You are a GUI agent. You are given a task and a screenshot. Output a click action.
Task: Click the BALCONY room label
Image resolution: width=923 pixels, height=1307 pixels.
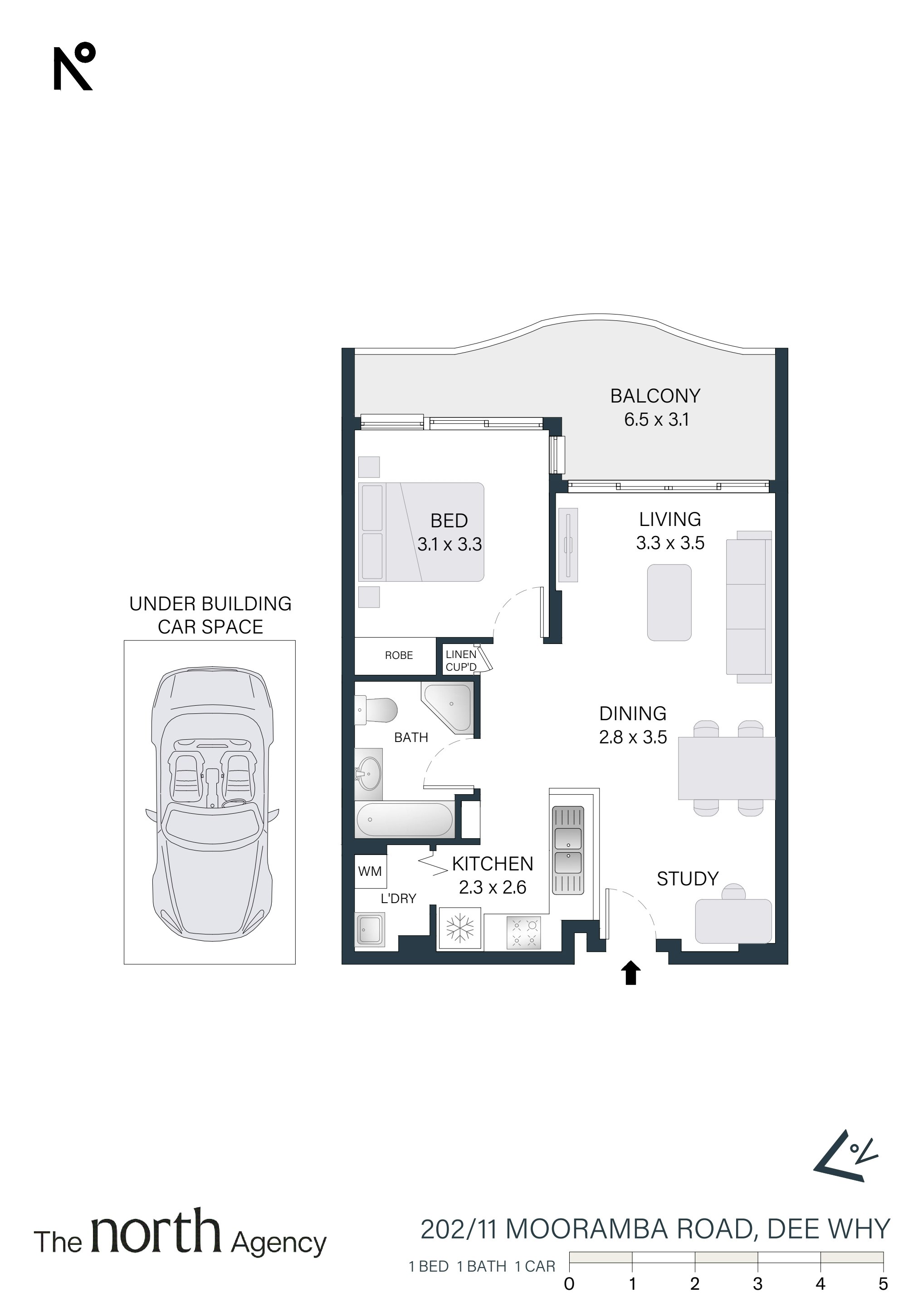(655, 396)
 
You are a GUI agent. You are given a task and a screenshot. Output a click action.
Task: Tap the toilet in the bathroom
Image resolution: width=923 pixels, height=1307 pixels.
(376, 711)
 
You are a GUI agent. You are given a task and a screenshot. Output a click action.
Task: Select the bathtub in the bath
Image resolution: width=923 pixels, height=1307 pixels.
(404, 820)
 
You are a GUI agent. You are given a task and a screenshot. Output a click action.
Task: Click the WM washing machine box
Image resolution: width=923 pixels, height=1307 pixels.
(371, 871)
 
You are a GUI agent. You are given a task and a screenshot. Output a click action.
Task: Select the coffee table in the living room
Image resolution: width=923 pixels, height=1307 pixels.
(669, 602)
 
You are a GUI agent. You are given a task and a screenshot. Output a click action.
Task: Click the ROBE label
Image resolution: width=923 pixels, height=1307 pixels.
(399, 655)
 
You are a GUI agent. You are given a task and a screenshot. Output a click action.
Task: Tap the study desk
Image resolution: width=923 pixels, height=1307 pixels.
(733, 920)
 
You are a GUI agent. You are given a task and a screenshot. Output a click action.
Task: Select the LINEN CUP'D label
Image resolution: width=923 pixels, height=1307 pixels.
(461, 661)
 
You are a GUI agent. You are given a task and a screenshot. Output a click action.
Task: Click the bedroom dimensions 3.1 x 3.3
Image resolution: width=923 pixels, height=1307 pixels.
(449, 544)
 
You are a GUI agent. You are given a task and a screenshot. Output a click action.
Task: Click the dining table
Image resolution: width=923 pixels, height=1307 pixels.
(727, 768)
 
